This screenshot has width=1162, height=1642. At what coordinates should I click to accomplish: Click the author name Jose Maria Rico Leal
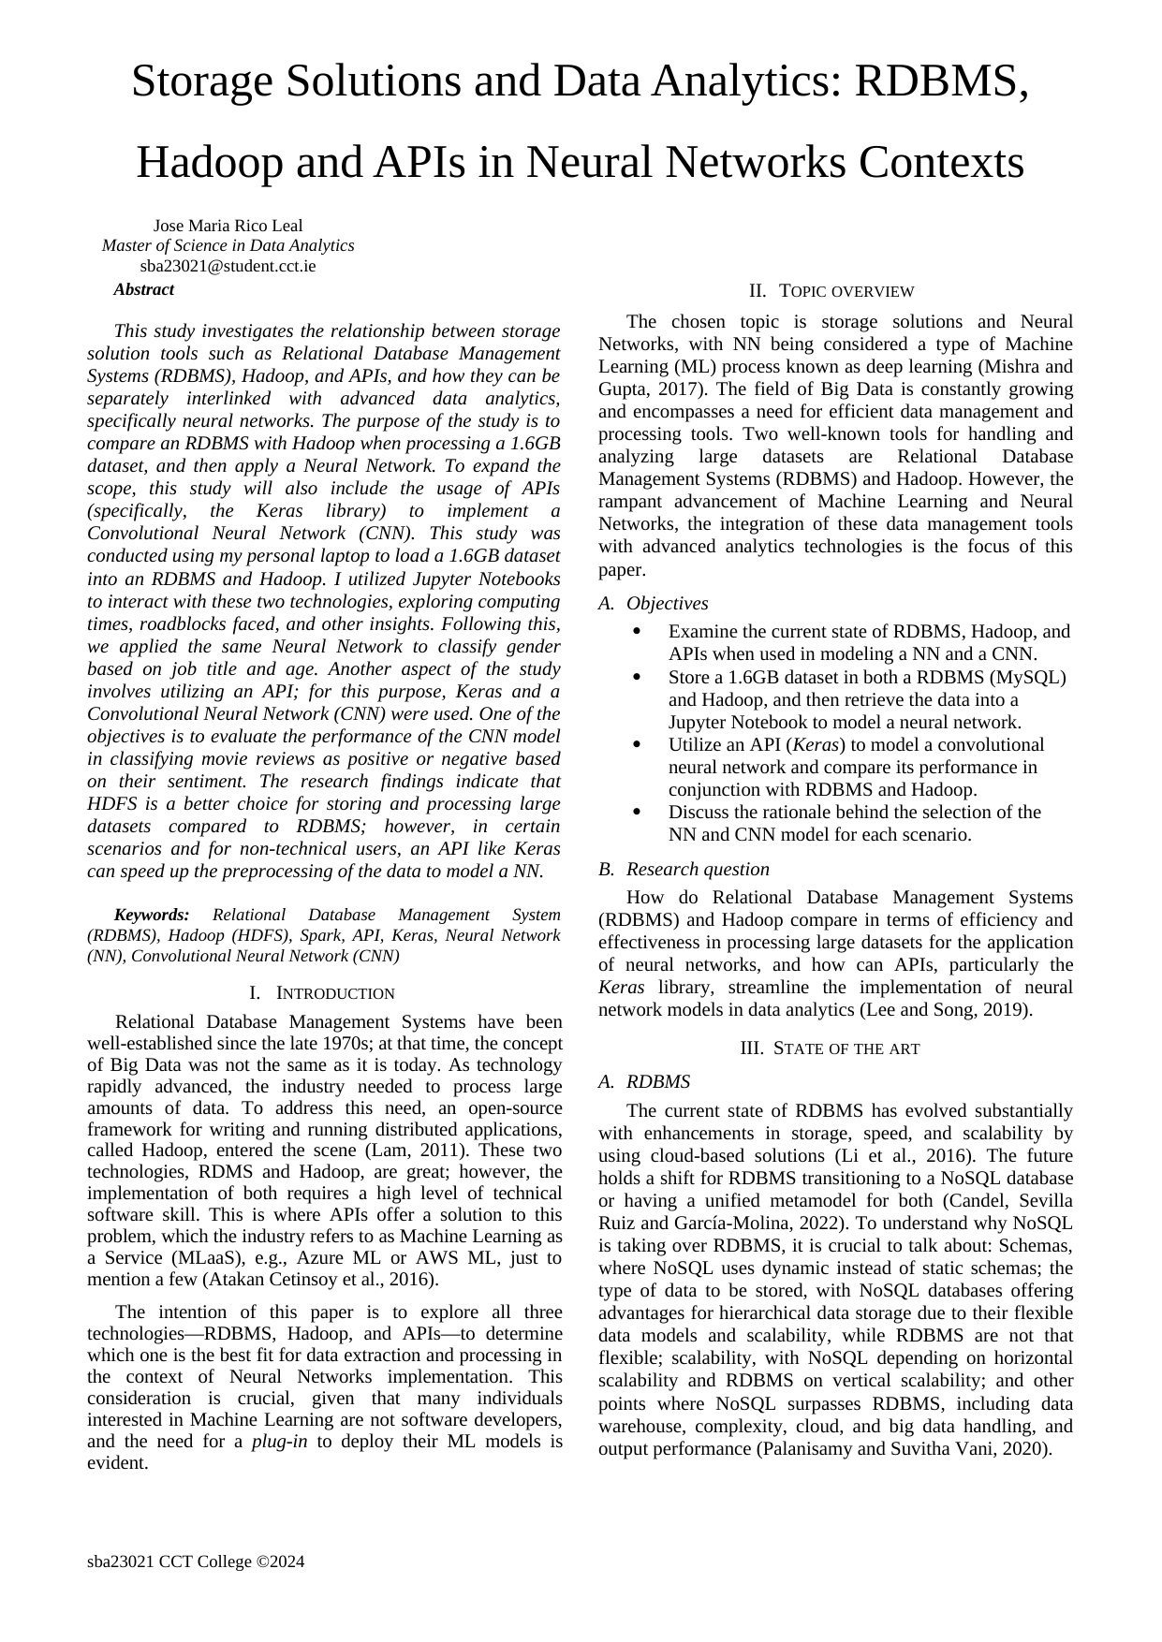click(228, 226)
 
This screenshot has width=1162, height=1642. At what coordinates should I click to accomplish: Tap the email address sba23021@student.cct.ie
click(228, 266)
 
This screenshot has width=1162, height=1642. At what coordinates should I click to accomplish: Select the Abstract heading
click(143, 289)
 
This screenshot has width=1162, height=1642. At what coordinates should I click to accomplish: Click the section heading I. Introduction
click(322, 993)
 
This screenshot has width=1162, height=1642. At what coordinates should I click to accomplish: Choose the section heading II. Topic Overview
click(831, 291)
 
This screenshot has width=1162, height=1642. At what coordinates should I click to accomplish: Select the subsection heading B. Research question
click(684, 870)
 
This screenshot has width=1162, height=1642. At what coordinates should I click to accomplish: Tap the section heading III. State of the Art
click(830, 1048)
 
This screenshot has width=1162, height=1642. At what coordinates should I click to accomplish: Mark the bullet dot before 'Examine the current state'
click(637, 632)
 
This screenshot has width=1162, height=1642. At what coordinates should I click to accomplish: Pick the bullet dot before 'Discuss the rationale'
click(637, 812)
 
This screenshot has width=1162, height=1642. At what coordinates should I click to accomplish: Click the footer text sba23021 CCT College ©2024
click(196, 1561)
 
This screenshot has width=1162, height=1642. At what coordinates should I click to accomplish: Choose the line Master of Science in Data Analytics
click(228, 246)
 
